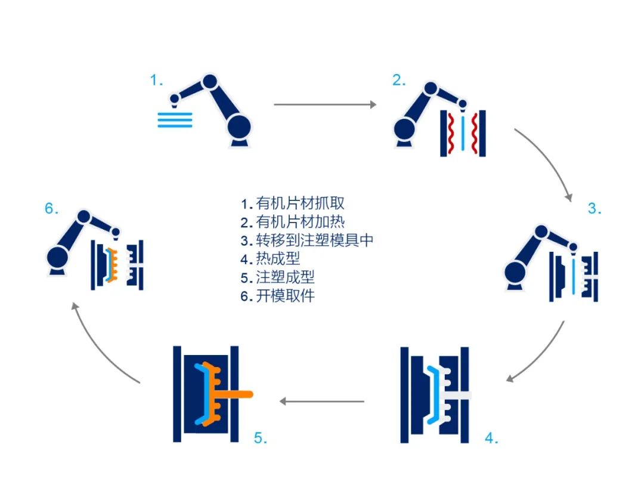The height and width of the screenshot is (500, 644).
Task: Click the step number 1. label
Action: tap(156, 81)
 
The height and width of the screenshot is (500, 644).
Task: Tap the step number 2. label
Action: tap(399, 81)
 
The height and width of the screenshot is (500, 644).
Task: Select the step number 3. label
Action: tap(595, 209)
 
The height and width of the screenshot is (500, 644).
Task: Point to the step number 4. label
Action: tap(491, 439)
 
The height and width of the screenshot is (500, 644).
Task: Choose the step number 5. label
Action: tap(261, 439)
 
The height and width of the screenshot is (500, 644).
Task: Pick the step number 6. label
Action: tap(51, 209)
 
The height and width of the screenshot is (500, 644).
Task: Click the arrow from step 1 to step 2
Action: tap(325, 104)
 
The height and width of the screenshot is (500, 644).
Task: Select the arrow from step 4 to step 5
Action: tap(322, 402)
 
